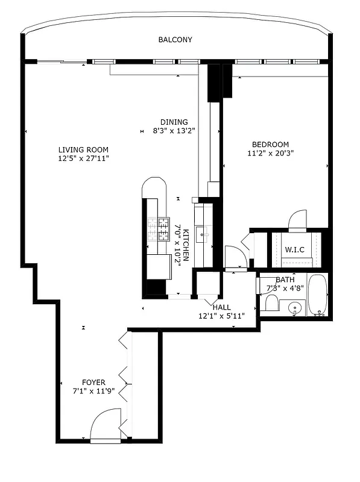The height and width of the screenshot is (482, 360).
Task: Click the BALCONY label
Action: (175, 40)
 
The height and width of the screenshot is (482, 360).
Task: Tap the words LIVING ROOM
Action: (83, 149)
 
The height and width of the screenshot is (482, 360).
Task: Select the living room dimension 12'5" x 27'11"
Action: (83, 158)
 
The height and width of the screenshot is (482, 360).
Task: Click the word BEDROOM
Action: (270, 144)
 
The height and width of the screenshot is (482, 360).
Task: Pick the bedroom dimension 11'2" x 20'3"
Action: (270, 153)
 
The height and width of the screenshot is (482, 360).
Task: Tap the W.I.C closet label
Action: (294, 248)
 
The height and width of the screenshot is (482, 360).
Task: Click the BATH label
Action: (285, 280)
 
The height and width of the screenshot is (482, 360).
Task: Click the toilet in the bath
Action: (272, 303)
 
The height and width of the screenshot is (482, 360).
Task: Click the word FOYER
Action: (93, 382)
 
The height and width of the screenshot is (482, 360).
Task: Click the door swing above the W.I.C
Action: (298, 221)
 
